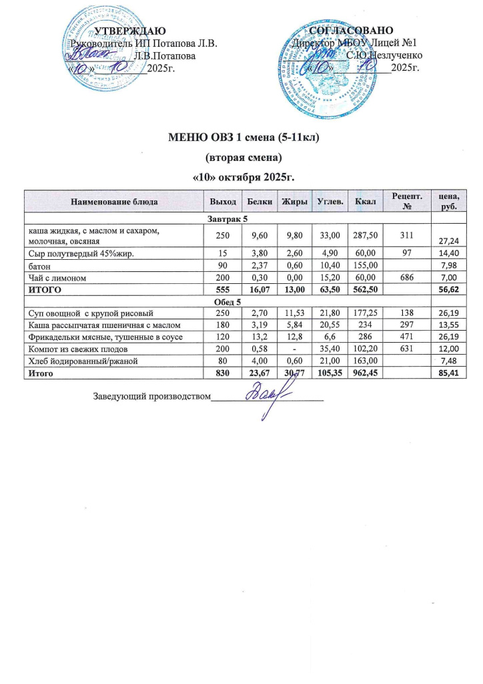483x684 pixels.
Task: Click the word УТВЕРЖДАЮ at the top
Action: coord(126,31)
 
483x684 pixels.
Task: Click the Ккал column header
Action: coord(366,201)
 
